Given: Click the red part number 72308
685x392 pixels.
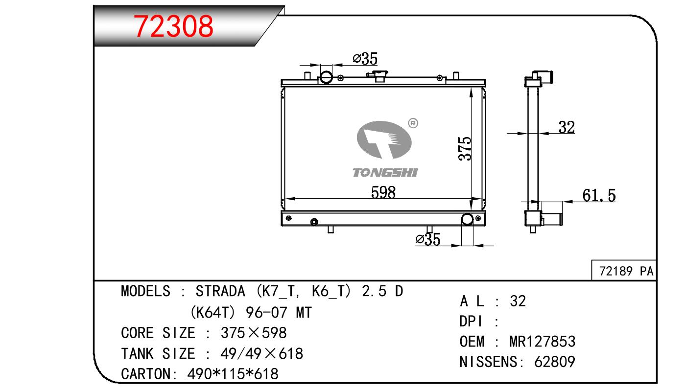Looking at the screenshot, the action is (x=173, y=26).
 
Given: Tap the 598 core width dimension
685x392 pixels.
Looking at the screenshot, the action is (x=383, y=192).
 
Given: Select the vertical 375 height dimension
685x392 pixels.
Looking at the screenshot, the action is (x=465, y=148).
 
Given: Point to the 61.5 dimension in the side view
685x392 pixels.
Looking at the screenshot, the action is (x=599, y=195).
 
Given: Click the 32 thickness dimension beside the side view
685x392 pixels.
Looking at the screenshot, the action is (x=567, y=127).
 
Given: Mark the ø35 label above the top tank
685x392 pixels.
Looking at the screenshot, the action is (x=365, y=58).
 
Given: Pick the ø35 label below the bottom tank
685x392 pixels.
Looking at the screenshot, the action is (x=428, y=239).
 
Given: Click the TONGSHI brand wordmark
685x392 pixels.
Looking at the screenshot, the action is (x=385, y=173).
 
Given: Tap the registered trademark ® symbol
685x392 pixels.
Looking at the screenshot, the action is (x=413, y=123).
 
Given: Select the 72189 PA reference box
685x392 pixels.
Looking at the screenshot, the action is (x=624, y=270).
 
